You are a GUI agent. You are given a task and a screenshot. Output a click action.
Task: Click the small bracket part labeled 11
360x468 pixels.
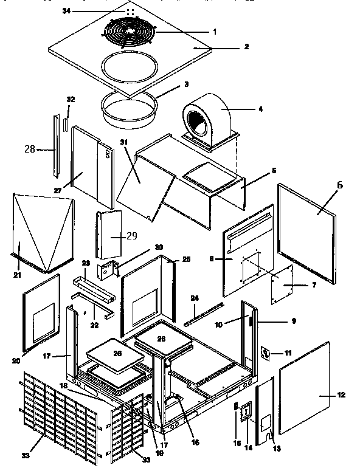coord(266,353)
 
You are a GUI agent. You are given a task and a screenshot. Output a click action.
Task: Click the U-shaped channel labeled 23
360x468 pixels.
coord(92,288)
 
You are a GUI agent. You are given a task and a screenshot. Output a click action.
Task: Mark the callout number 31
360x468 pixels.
coord(125,142)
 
